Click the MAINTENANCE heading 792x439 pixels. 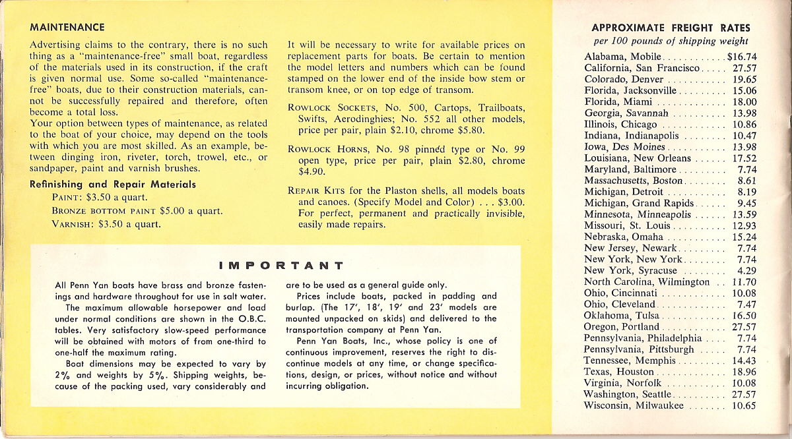coord(67,28)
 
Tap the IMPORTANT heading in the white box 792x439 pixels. coord(281,266)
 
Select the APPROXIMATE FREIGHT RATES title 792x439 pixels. coord(671,28)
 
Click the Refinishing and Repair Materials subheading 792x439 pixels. coord(113,185)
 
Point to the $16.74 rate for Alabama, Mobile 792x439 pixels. coord(742,57)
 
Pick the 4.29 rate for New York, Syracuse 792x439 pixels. coord(746,271)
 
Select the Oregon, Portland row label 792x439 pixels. coord(622,327)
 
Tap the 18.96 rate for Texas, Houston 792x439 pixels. coord(744,372)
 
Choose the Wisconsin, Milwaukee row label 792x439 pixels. coord(634,406)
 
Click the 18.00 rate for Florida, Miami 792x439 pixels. coord(744,102)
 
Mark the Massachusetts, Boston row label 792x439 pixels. coord(634,181)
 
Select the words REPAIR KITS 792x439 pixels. coord(313,190)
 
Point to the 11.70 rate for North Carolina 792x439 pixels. coord(744,282)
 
